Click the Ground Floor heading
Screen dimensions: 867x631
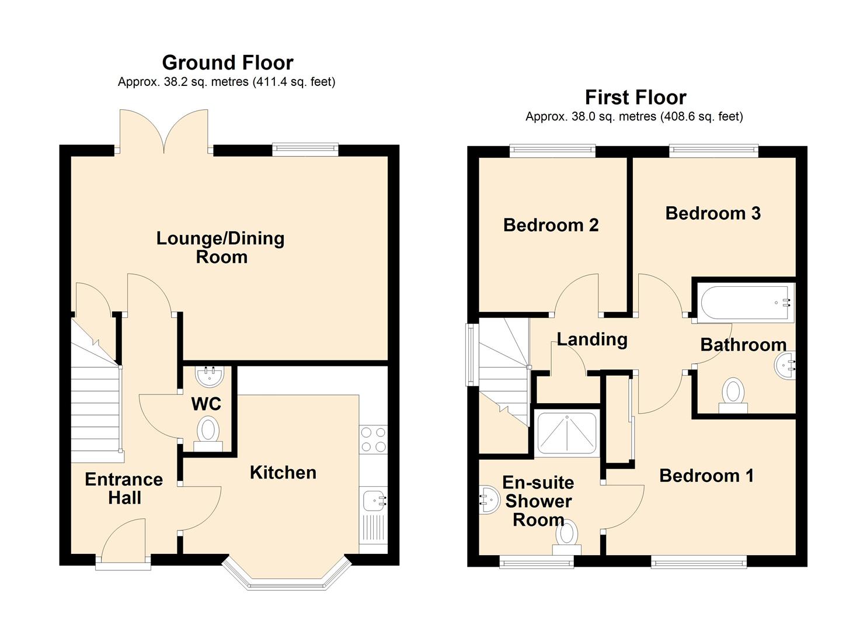point(228,63)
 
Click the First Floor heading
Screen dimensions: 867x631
point(636,97)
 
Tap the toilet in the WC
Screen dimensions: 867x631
point(208,434)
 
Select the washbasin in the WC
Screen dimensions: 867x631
point(210,376)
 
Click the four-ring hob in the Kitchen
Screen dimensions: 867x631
point(373,439)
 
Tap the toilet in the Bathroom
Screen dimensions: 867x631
point(733,395)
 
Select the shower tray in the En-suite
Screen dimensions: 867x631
point(567,433)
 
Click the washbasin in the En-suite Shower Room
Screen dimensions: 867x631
point(489,500)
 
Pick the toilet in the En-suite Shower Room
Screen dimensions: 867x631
point(567,538)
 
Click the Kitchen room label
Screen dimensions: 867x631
point(283,473)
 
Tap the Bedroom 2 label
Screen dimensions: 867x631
point(551,225)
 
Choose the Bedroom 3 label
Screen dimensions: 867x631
point(713,213)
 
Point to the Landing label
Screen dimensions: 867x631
point(592,339)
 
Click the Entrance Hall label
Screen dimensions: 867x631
point(124,489)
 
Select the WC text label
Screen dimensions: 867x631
point(206,404)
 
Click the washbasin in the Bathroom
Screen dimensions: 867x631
point(785,365)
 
